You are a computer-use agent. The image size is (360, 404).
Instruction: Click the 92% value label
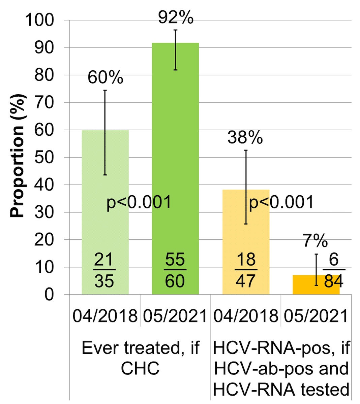pyautogui.click(x=176, y=18)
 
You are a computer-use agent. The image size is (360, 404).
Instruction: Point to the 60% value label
pyautogui.click(x=105, y=78)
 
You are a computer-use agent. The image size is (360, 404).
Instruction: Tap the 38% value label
pyautogui.click(x=245, y=138)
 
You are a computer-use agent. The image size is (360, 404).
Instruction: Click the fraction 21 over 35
pyautogui.click(x=104, y=270)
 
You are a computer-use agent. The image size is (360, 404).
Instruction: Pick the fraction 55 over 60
pyautogui.click(x=175, y=270)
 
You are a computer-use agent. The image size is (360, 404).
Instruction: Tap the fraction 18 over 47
pyautogui.click(x=246, y=270)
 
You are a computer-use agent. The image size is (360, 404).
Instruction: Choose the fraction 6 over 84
pyautogui.click(x=334, y=270)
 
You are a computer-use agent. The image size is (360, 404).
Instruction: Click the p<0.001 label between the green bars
pyautogui.click(x=139, y=203)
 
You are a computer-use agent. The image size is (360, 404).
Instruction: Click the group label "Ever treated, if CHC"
pyautogui.click(x=140, y=358)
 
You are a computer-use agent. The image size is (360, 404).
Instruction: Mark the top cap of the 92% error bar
pyautogui.click(x=175, y=30)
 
